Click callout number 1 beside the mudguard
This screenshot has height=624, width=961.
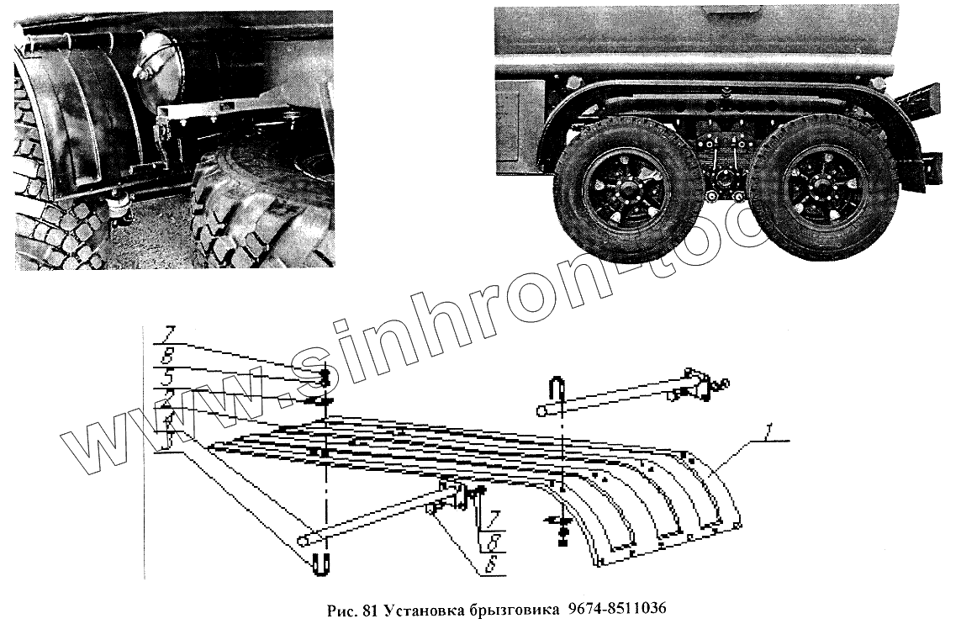coord(768,436)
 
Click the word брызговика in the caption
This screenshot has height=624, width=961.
coord(508,607)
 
